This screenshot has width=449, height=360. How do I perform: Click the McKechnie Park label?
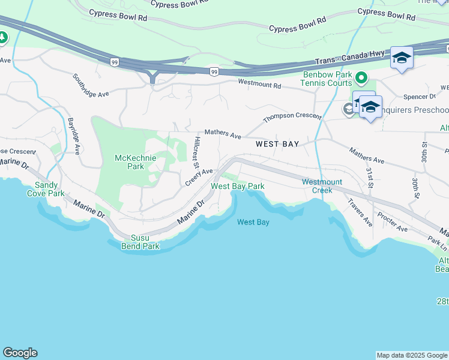pos(136,162)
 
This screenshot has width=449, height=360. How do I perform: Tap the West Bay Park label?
pos(237,187)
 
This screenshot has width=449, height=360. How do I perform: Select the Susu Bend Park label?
pos(140,242)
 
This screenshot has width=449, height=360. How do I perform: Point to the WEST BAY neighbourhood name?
pos(277,145)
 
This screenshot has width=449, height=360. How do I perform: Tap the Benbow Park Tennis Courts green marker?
pos(361,77)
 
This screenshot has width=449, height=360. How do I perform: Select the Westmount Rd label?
pos(259,85)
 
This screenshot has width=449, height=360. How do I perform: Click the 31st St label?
pos(369,177)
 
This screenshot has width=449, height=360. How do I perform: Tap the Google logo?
pos(19,353)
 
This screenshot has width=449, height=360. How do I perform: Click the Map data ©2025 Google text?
pos(412,355)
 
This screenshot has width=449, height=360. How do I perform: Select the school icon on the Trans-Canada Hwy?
pos(402,58)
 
